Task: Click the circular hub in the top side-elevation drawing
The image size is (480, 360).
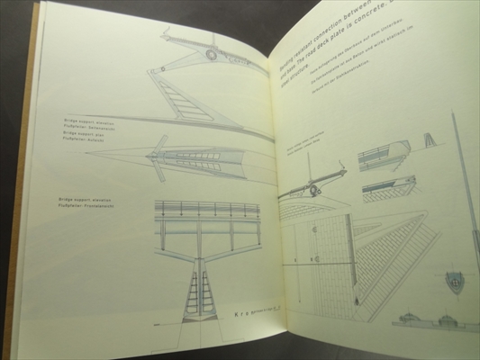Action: (x=211, y=55)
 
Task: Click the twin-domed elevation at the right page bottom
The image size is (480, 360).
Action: (x=430, y=318)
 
